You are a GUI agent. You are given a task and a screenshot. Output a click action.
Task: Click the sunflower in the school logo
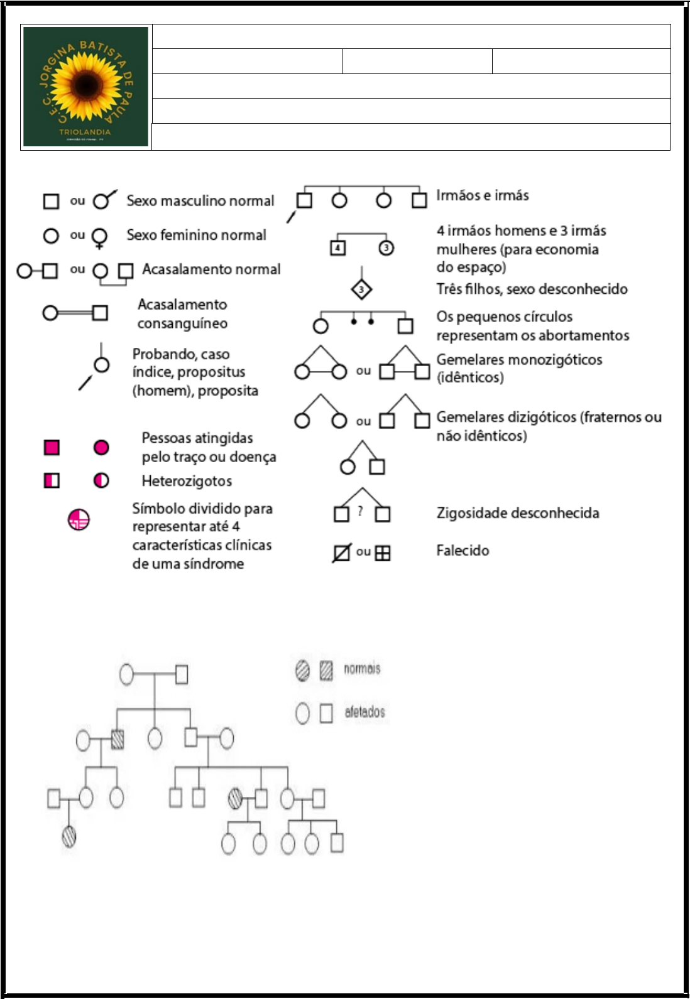tap(85, 86)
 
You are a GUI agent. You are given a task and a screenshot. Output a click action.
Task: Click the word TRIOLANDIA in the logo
tap(85, 132)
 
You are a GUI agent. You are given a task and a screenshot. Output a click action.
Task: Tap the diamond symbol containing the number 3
tap(361, 289)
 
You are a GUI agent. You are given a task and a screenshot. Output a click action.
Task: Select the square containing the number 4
tap(338, 247)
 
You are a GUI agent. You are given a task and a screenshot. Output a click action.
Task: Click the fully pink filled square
tap(52, 447)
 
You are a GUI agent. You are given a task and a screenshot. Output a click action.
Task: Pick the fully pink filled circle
tap(101, 447)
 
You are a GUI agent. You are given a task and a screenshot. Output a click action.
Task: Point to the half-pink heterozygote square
tap(52, 481)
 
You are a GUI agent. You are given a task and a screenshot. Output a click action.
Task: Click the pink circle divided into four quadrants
tap(79, 520)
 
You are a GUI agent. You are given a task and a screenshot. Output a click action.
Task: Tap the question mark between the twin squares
tap(360, 512)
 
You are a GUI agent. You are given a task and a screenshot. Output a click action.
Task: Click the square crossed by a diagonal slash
tap(341, 553)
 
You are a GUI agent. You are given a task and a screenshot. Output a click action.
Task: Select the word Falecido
tap(463, 551)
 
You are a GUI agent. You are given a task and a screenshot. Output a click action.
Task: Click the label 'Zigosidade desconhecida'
tap(518, 513)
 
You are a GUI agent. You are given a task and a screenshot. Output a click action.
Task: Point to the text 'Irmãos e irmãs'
tap(483, 195)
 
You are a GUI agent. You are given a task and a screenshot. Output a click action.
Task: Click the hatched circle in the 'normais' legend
tap(302, 671)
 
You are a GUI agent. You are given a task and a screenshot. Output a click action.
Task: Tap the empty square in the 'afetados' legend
tap(326, 713)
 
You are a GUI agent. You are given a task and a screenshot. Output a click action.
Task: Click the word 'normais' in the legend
tap(362, 669)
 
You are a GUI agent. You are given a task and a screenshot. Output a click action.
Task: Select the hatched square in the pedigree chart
tap(118, 740)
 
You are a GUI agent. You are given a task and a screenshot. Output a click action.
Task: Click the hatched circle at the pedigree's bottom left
tap(69, 836)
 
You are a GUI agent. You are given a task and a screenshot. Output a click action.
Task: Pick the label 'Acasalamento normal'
tap(211, 269)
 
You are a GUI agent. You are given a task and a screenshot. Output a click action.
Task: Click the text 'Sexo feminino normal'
tap(196, 235)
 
